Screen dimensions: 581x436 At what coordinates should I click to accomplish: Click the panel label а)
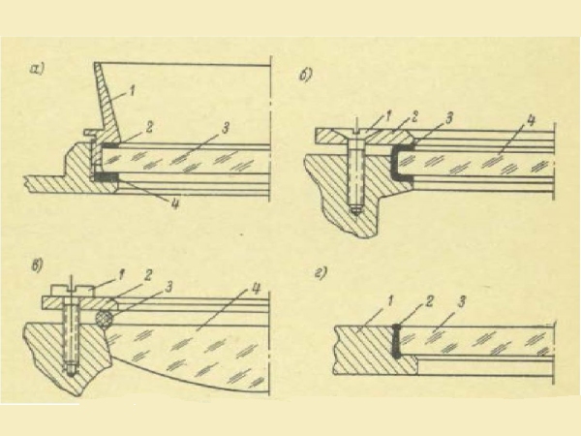click(38, 70)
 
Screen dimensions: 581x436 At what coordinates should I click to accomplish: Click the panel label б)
click(305, 76)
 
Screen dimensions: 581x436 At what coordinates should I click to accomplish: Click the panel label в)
click(38, 265)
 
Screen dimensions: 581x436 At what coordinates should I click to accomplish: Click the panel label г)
click(321, 273)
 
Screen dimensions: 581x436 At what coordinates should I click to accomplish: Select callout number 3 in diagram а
click(226, 128)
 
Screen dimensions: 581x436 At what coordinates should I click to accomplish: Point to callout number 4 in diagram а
click(173, 202)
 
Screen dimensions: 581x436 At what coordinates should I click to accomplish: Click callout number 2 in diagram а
click(148, 127)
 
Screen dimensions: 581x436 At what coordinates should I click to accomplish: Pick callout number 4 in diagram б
click(531, 123)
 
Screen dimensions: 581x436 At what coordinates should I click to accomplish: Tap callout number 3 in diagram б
click(448, 118)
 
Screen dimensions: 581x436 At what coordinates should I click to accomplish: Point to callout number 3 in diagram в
click(168, 288)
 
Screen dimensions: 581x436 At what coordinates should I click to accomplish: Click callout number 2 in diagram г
click(428, 302)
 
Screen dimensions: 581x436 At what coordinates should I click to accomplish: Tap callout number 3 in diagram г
click(462, 302)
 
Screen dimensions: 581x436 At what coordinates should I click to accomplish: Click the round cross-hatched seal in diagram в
click(105, 319)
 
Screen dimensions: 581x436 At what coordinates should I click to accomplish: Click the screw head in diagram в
click(74, 291)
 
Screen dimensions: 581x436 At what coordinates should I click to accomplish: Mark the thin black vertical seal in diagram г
click(396, 341)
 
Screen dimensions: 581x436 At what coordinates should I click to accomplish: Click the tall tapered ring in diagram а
click(107, 108)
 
